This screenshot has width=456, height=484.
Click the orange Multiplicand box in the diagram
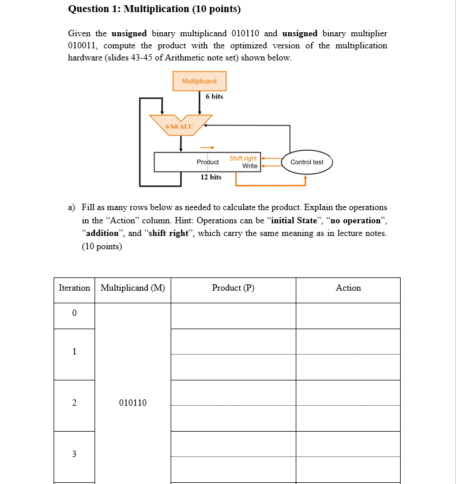tap(199, 81)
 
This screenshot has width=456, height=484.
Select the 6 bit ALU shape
tap(179, 125)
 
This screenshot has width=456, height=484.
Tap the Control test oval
tap(307, 162)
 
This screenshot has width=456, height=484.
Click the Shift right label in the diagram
tap(243, 158)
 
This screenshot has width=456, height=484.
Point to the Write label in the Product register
tap(250, 166)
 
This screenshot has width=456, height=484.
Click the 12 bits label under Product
tap(211, 177)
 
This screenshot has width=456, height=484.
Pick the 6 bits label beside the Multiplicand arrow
tap(214, 96)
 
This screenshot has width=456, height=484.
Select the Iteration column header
tap(74, 288)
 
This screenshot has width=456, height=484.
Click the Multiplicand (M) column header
tap(133, 288)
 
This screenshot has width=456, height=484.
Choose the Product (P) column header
tap(233, 288)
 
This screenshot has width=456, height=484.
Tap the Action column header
tap(348, 288)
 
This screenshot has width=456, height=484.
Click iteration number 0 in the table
tap(74, 313)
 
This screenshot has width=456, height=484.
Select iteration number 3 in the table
tap(74, 454)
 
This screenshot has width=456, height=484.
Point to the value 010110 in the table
tap(133, 403)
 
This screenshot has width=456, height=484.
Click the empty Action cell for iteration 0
tap(348, 315)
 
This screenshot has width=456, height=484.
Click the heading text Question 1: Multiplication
tap(154, 9)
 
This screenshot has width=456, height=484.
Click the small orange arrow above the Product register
tap(208, 147)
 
